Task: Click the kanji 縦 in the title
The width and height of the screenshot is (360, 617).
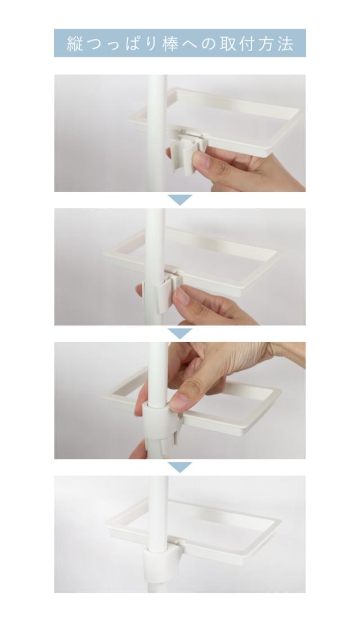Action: point(75,43)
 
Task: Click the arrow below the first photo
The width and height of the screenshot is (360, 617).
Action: point(180,200)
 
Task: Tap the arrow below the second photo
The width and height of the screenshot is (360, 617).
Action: point(180,334)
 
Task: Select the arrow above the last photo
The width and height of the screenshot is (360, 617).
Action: point(180,467)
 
